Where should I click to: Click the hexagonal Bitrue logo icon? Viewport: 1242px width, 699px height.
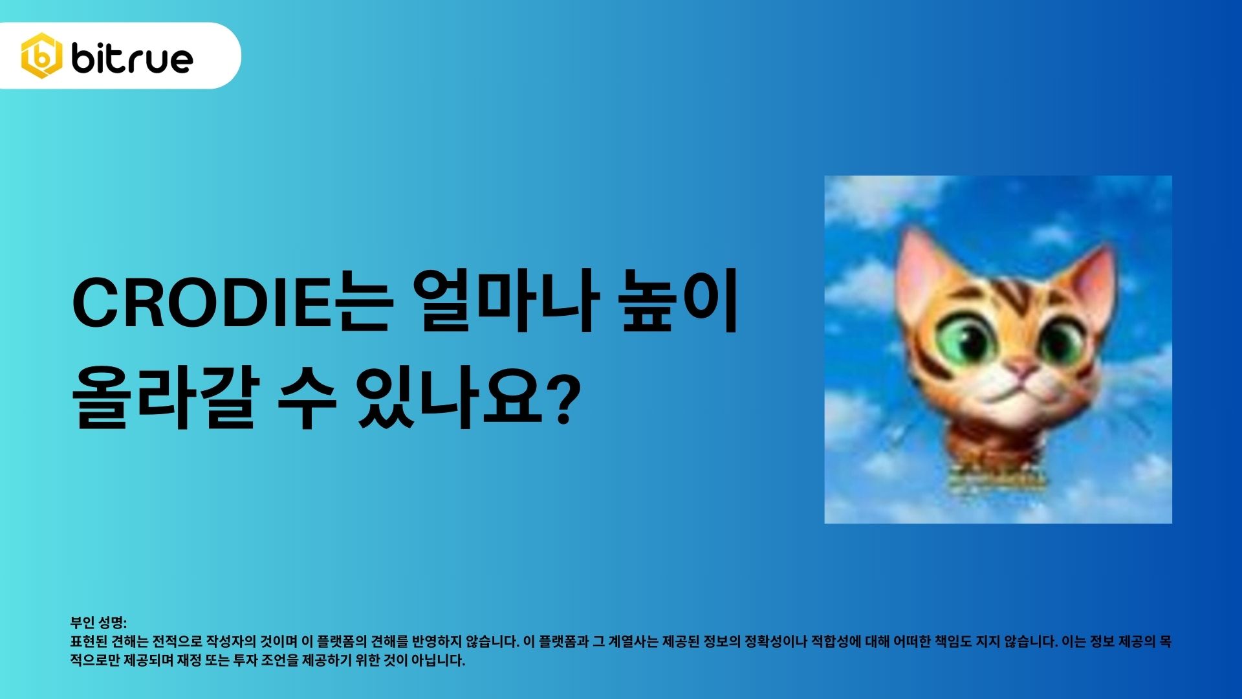point(41,56)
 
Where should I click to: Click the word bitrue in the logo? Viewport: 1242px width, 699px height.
point(132,58)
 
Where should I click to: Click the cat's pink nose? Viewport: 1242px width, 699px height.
point(1022,370)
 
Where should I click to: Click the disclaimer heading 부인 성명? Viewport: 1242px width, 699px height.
point(98,623)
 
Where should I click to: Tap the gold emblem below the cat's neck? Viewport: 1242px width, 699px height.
point(997,476)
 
